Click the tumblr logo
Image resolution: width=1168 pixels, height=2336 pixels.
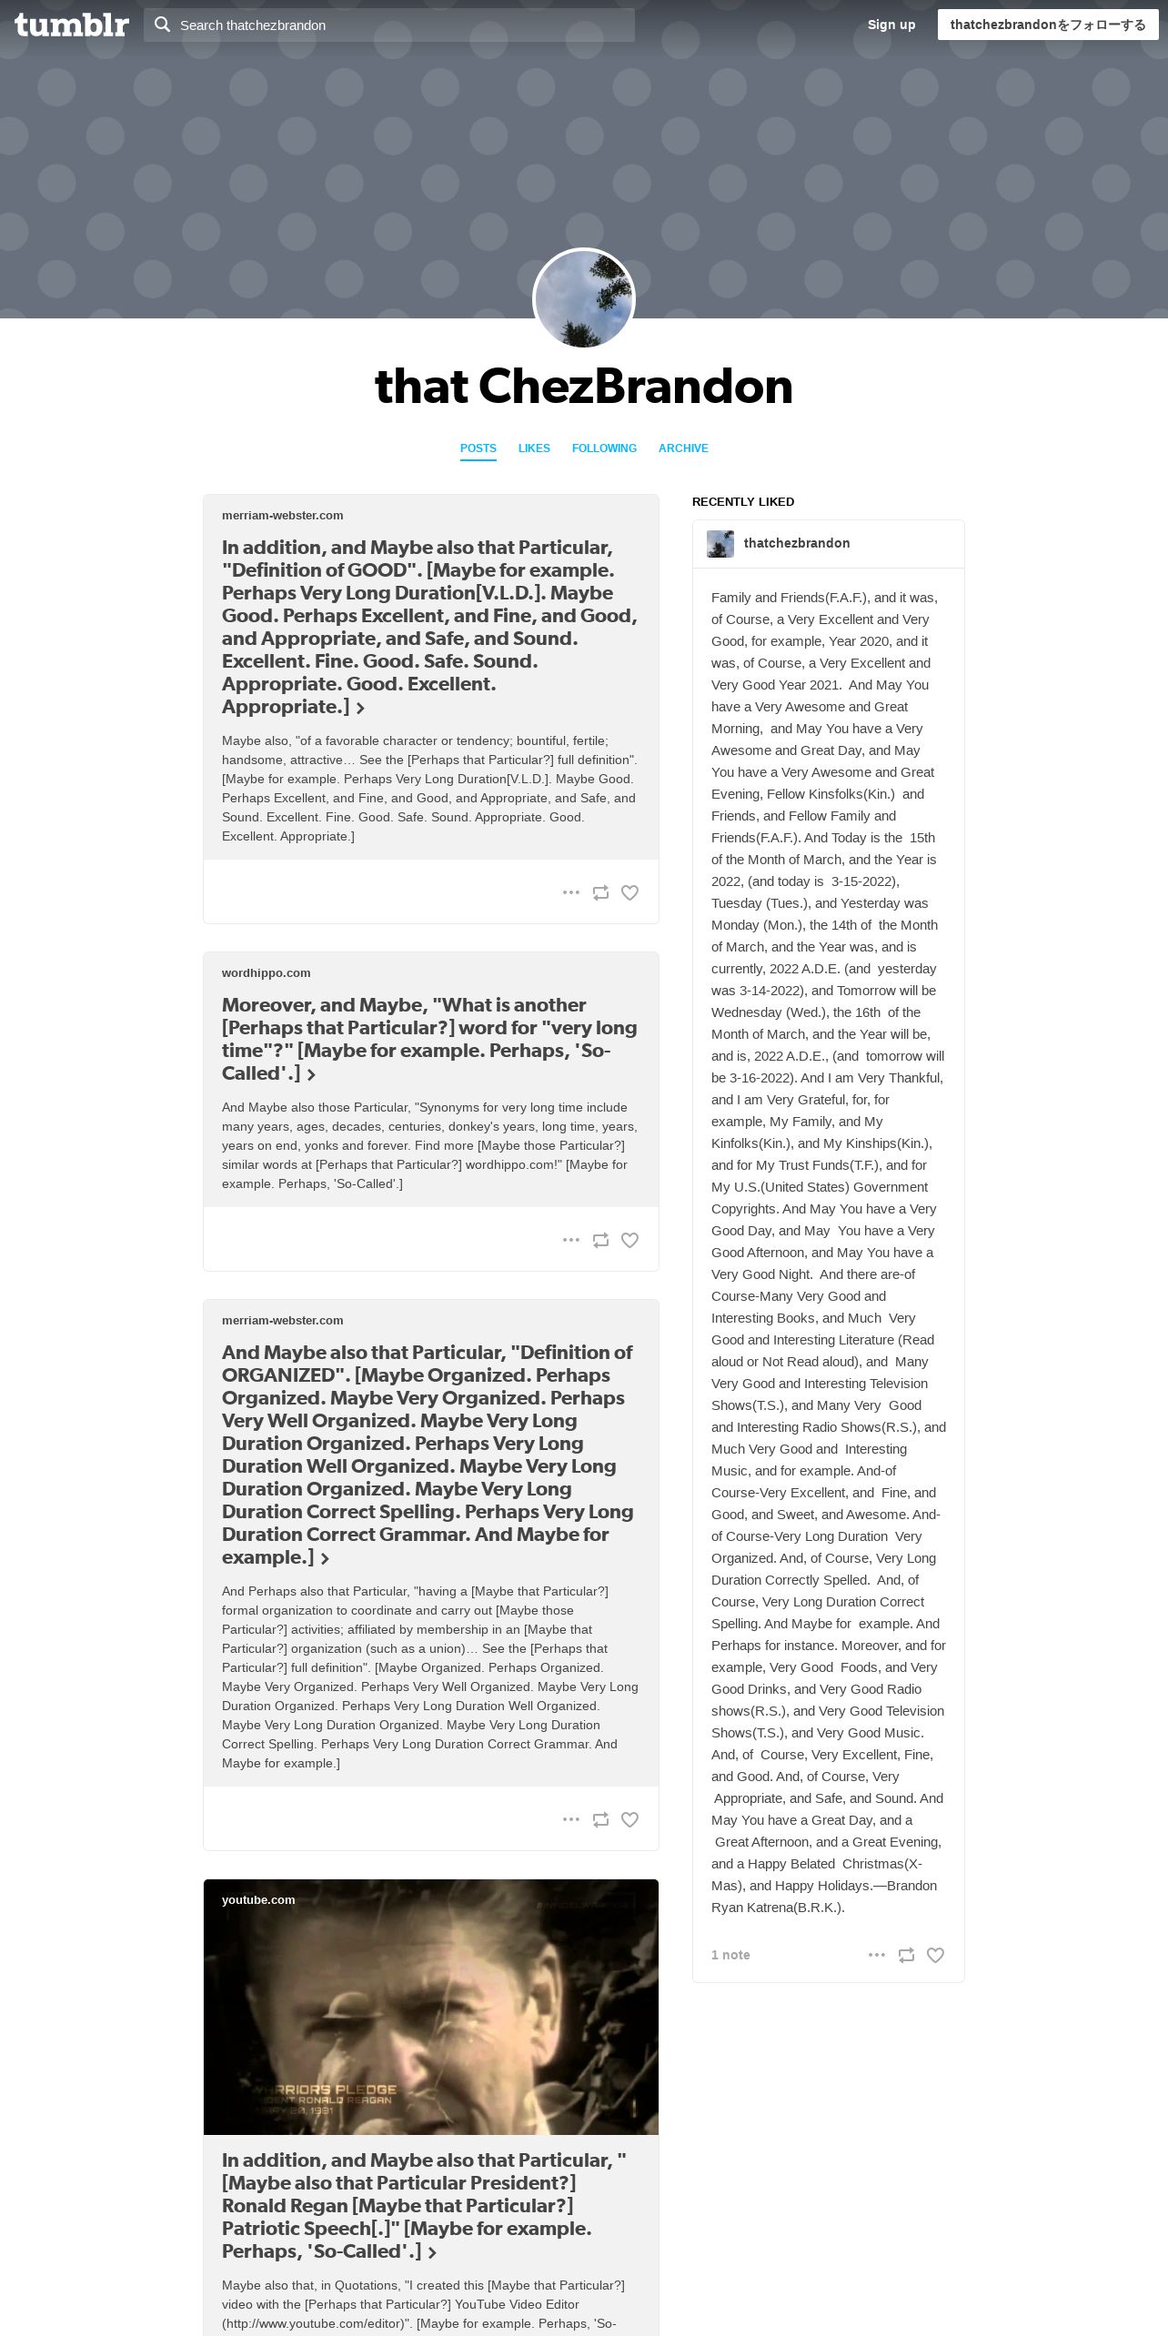click(x=72, y=25)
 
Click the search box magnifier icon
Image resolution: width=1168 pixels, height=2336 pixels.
click(x=163, y=25)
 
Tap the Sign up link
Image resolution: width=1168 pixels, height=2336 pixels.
click(x=891, y=25)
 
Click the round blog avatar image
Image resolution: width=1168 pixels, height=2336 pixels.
click(x=583, y=298)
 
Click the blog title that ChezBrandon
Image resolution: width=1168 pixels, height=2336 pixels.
click(x=583, y=387)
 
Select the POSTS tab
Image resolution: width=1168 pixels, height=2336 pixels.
click(x=478, y=448)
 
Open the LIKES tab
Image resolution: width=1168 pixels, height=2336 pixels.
click(x=534, y=448)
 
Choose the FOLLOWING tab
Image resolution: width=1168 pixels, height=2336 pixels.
click(x=604, y=448)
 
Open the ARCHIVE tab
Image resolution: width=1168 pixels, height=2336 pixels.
click(x=683, y=448)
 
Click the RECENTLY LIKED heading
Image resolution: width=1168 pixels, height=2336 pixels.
click(x=743, y=502)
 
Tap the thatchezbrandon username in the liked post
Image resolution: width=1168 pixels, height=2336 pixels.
click(x=797, y=543)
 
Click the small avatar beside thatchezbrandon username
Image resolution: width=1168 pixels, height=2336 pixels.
click(x=720, y=544)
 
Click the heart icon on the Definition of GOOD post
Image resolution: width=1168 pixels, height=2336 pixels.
click(x=629, y=892)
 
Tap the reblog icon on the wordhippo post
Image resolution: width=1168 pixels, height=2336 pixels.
click(x=600, y=1240)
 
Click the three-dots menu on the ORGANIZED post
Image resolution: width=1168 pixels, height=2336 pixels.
click(x=571, y=1819)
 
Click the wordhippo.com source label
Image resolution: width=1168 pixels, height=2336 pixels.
click(x=266, y=973)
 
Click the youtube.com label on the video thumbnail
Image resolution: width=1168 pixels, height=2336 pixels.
click(x=258, y=1900)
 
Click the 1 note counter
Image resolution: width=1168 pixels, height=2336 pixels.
click(x=730, y=1955)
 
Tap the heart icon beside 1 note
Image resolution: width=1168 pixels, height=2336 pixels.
click(x=935, y=1955)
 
